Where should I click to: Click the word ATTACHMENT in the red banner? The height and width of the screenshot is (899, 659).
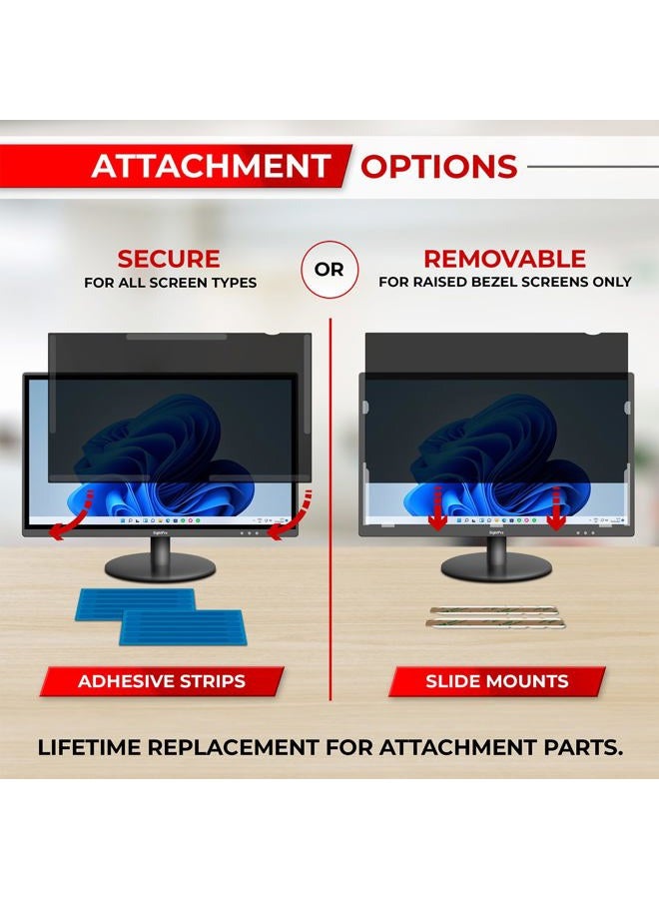pos(210,166)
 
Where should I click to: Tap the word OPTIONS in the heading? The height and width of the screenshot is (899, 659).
pos(438,166)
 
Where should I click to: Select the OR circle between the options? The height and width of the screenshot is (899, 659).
pos(329,270)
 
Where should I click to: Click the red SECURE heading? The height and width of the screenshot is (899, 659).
pos(169,259)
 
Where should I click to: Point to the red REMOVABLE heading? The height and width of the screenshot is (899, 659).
pos(504,259)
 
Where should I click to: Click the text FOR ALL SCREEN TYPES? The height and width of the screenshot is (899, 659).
pos(170,283)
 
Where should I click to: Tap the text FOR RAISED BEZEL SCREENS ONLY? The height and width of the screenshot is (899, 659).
pos(505,283)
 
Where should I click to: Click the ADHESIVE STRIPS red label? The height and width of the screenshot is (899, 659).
pos(162,682)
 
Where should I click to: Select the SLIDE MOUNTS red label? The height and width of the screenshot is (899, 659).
pos(496,682)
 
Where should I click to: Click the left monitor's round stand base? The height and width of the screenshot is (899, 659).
pos(161,566)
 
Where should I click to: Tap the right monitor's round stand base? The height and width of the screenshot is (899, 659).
pos(495,566)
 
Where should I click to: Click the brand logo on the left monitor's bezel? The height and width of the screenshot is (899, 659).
pos(161,534)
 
